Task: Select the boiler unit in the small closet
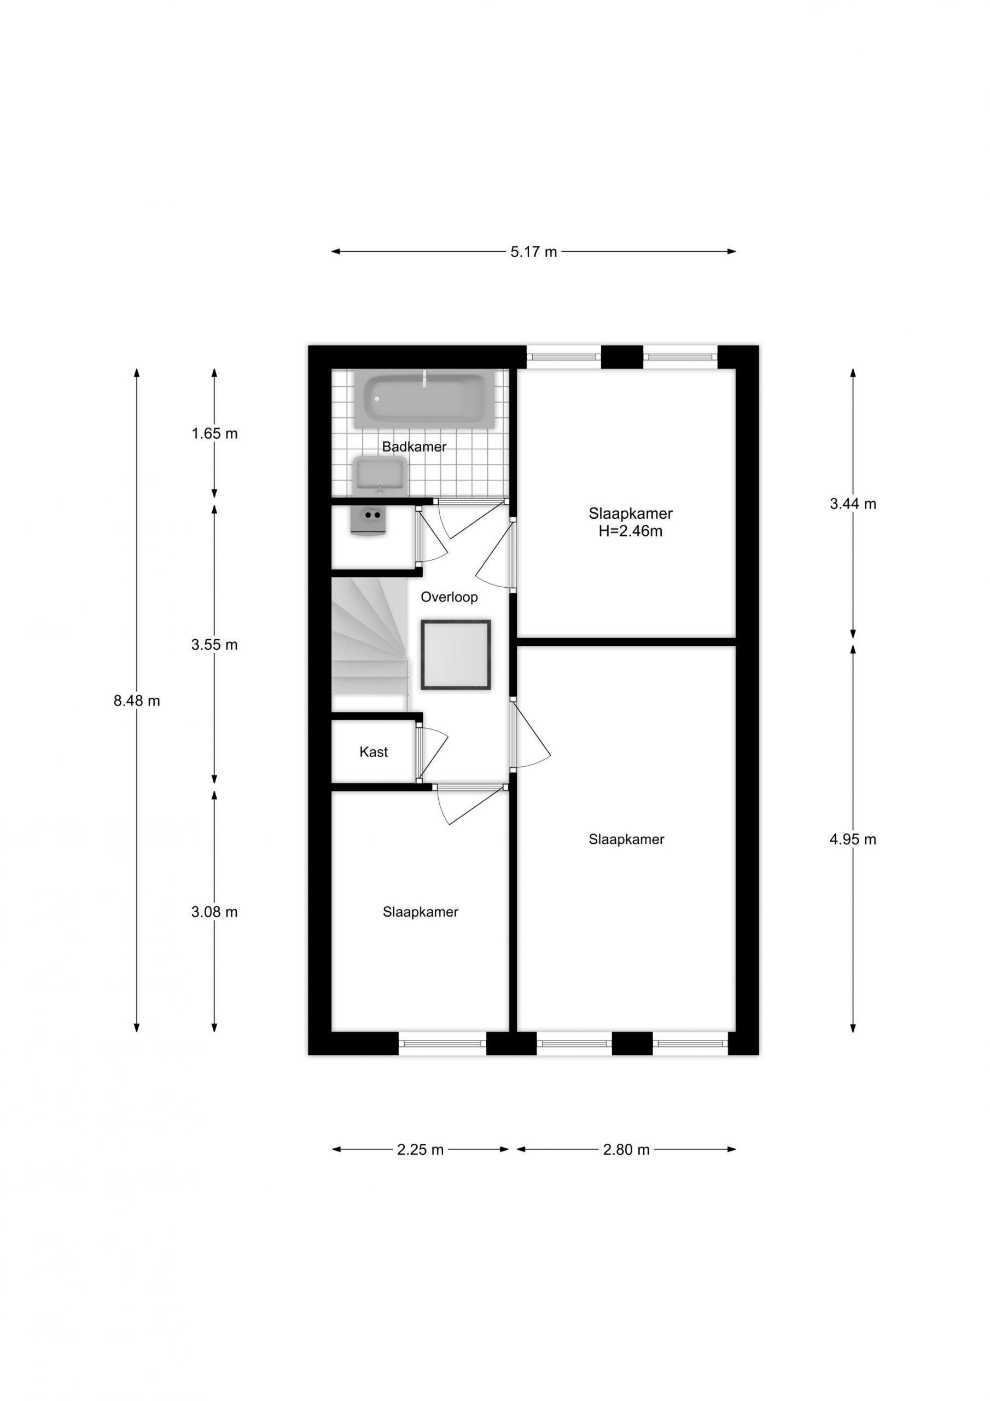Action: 369,521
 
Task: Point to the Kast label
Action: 374,752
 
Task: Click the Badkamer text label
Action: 414,447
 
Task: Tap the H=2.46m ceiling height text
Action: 630,531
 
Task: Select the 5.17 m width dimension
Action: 534,251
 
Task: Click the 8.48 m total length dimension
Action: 137,700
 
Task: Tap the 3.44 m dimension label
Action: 853,503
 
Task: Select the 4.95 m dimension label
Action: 853,839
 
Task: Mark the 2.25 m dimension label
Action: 420,1150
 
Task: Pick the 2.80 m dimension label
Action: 626,1150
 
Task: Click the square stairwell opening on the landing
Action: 456,655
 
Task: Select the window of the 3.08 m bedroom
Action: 442,1043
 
